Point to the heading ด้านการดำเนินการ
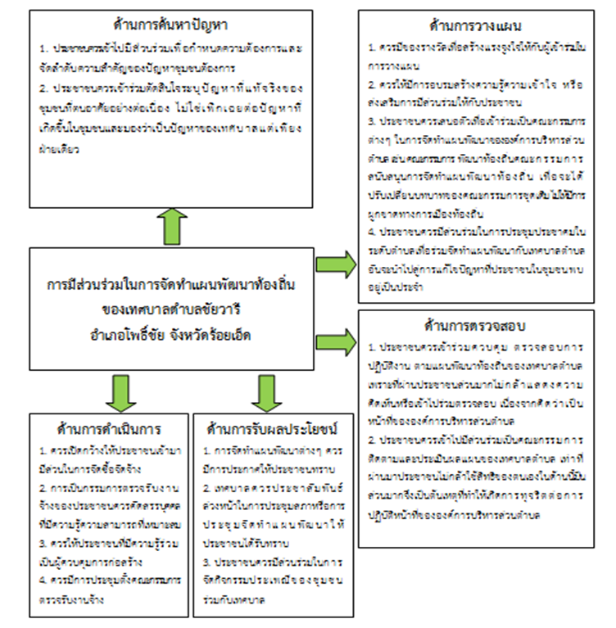pos(108,428)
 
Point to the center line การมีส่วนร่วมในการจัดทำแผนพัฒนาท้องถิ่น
pos(170,287)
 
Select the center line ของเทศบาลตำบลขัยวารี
pos(170,311)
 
